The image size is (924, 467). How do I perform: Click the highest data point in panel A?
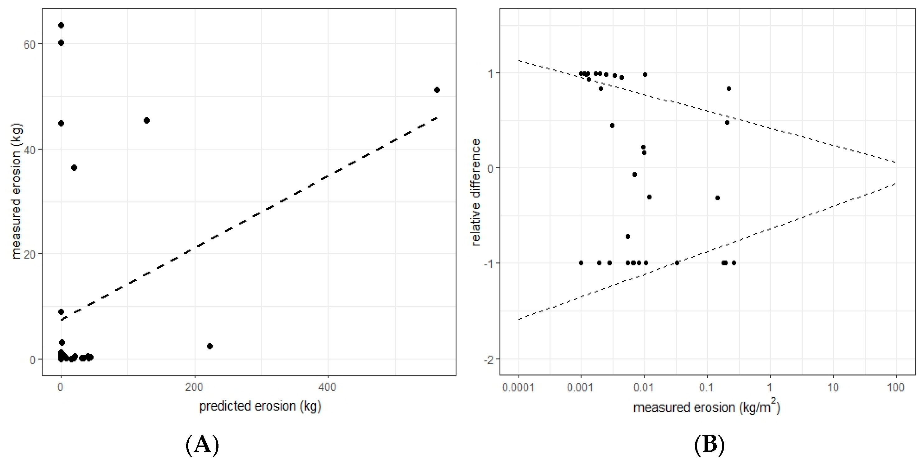coord(61,25)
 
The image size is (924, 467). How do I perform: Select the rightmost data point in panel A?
coord(437,90)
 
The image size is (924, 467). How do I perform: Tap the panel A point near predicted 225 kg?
coord(210,346)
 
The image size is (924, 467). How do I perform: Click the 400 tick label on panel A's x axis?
coord(328,387)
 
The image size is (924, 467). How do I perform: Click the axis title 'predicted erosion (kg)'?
coord(260,406)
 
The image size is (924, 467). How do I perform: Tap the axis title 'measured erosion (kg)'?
coord(16,191)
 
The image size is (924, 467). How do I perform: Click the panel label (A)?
coord(202,445)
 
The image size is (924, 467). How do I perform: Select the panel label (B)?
coord(709,445)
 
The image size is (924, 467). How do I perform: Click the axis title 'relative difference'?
coord(475,192)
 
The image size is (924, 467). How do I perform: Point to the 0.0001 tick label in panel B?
coord(518,388)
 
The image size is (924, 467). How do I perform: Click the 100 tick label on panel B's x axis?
coord(896,388)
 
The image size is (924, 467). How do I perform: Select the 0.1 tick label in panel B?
coord(707,388)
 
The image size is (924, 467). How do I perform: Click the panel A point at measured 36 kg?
coord(74,168)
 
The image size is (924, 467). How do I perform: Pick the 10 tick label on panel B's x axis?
coord(833,388)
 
